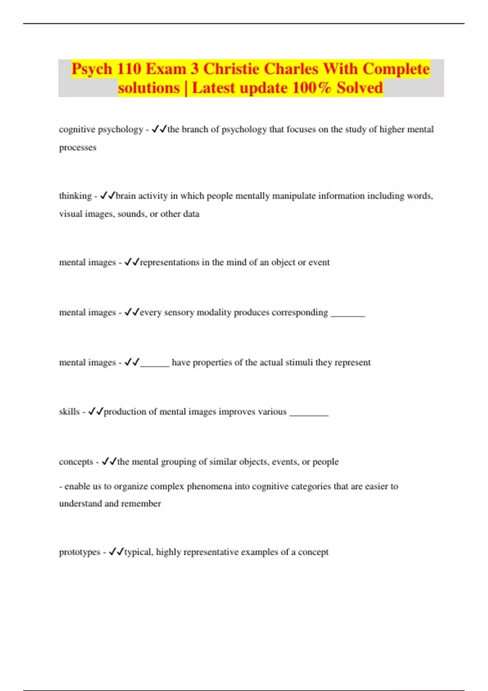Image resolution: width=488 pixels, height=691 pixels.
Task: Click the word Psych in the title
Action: coord(92,69)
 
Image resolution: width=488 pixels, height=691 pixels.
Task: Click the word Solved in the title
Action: coord(360,88)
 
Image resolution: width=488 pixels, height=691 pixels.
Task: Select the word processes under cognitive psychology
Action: coord(78,148)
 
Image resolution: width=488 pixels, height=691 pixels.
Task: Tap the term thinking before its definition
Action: coord(75,196)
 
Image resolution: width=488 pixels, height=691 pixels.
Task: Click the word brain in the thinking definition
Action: coord(126,196)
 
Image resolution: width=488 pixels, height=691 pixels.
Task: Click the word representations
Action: coord(170,263)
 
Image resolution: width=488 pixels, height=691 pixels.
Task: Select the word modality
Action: coord(214,313)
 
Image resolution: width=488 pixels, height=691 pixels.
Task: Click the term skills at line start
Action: coord(69,412)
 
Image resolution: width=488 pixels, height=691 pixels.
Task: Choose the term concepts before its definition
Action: coord(76,462)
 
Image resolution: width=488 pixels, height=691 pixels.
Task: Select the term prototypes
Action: coord(80,552)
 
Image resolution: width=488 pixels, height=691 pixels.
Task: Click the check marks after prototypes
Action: coord(116,552)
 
